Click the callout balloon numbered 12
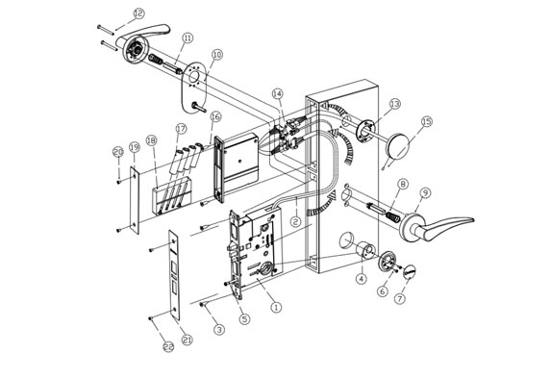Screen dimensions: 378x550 pos(138,13)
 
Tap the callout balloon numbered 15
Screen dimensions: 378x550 pos(427,122)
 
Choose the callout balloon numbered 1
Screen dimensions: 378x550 pos(277,308)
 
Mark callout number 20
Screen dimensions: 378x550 pos(117,152)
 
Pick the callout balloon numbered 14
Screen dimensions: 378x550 pos(278,93)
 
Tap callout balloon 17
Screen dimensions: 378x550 pos(180,128)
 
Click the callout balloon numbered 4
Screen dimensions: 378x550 pos(361,280)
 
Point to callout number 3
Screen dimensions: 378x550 pos(219,330)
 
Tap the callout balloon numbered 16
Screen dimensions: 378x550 pos(214,116)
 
